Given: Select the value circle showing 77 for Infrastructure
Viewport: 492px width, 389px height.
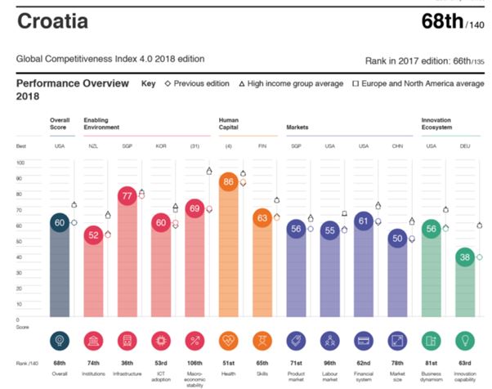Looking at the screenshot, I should point(127,196).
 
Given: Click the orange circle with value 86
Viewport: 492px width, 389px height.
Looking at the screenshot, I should point(229,182).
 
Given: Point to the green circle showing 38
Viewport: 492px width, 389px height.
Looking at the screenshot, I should point(463,257).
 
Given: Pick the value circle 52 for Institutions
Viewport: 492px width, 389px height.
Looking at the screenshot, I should point(92,235).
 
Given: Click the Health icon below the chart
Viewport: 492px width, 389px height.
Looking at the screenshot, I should point(229,340).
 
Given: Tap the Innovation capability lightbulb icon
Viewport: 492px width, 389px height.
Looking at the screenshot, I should point(463,340).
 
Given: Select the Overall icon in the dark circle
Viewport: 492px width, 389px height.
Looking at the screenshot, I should point(58,340).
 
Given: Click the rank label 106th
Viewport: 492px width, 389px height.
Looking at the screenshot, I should point(195,364).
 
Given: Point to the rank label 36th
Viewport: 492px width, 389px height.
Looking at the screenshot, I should point(127,364).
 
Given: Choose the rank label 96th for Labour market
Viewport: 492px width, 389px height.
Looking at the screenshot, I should point(329,364).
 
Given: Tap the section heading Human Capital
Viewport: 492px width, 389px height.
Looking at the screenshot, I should point(229,124).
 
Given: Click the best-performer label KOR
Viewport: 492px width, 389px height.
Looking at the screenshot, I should point(160,146).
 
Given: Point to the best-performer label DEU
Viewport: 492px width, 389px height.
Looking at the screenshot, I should point(463,146).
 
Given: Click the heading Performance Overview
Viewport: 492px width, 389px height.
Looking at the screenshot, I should point(72,84).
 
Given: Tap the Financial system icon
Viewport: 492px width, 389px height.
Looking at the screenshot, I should point(364,340).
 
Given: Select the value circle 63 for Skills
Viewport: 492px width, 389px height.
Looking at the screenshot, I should point(262,218).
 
